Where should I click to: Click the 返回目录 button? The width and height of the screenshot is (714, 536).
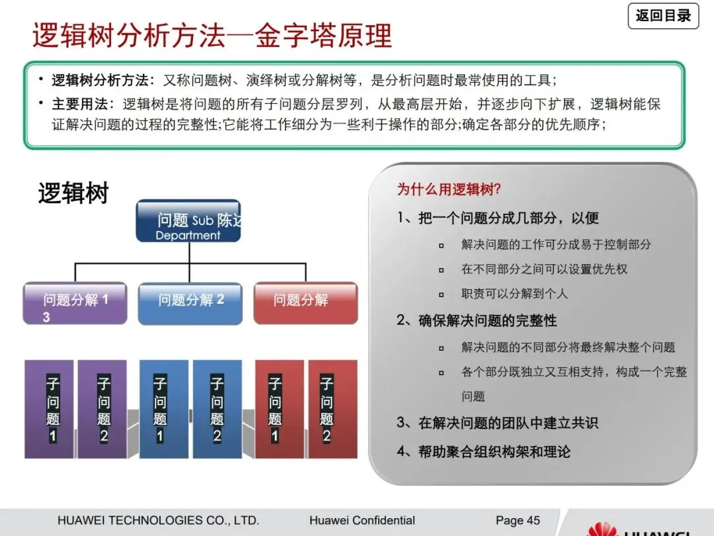coord(662,15)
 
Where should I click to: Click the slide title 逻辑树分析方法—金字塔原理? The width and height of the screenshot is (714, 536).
coord(212,36)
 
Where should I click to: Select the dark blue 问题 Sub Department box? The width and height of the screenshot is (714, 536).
coord(188,222)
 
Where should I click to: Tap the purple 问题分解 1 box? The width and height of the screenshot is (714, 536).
coord(75,304)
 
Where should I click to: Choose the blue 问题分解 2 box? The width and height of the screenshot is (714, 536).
coord(190,304)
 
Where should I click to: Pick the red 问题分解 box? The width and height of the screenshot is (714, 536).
coord(305,304)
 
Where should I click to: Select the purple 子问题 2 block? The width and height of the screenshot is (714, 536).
coord(102,409)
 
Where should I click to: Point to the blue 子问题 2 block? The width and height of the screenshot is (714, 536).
coord(217,409)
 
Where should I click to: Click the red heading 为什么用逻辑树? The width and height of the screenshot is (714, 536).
coord(449,190)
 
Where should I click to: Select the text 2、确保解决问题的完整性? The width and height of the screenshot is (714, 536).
coord(477,321)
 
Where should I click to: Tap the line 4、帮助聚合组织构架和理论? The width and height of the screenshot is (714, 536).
coord(483,452)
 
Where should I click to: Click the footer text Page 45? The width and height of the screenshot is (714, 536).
coord(518,521)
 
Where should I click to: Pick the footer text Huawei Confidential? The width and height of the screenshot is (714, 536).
coord(362,521)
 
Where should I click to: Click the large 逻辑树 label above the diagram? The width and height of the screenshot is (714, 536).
coord(73,194)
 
